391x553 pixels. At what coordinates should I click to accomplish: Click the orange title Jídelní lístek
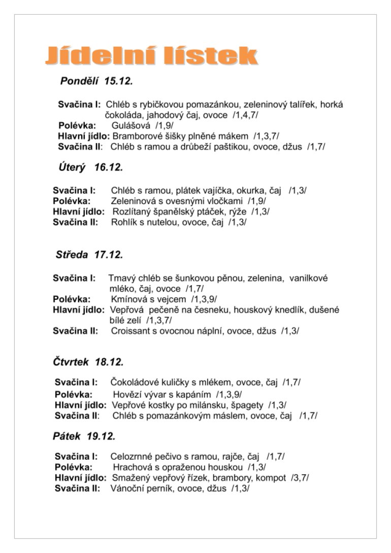(x=151, y=56)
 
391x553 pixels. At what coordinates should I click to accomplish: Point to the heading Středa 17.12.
(x=89, y=255)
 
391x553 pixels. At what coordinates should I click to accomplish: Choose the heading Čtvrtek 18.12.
(x=88, y=362)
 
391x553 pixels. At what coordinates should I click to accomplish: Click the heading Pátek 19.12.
(x=84, y=436)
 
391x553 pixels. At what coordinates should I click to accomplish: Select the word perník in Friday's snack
(x=163, y=488)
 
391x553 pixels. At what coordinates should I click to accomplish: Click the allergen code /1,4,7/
(x=245, y=115)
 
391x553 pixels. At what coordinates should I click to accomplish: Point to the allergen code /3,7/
(x=300, y=477)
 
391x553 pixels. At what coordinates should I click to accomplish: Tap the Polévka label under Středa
(x=72, y=299)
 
